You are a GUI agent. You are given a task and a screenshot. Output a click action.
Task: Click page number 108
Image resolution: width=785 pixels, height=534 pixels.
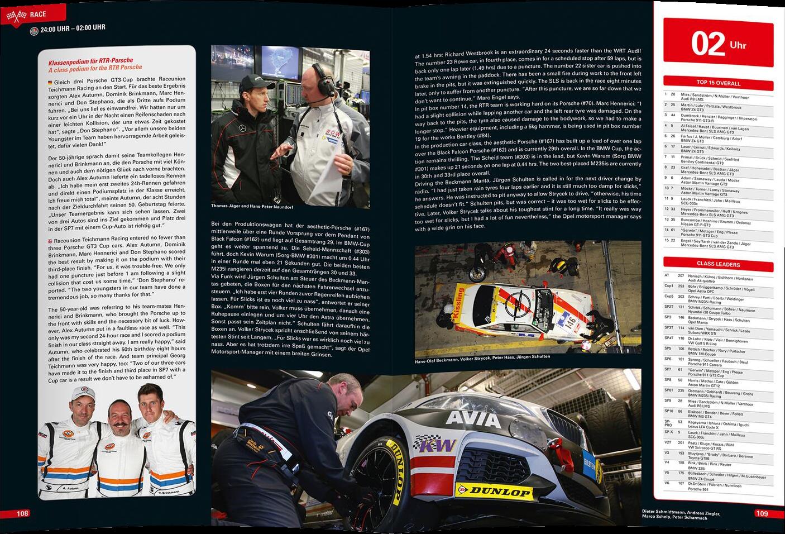(x=22, y=514)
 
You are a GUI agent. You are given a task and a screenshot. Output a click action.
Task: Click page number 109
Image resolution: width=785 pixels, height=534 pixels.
(x=762, y=514)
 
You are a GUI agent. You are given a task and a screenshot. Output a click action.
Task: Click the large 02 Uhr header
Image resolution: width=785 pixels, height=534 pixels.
(x=717, y=44)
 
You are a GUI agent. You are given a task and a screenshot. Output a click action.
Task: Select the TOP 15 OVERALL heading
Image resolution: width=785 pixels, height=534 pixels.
(x=718, y=83)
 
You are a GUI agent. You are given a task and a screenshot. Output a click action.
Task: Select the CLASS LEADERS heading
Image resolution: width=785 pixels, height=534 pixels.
(x=718, y=264)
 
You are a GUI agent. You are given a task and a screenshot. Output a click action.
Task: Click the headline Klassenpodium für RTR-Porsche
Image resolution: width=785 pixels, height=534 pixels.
(x=90, y=60)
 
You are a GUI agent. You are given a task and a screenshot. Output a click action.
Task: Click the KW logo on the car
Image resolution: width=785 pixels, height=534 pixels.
(x=434, y=445)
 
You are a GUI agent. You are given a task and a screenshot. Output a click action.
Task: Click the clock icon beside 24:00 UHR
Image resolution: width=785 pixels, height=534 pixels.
(x=35, y=31)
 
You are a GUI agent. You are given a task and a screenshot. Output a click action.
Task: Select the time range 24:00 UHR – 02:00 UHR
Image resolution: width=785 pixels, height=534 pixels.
(x=73, y=28)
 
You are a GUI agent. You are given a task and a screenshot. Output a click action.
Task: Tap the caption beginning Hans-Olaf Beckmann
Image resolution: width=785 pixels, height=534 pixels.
(x=482, y=359)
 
